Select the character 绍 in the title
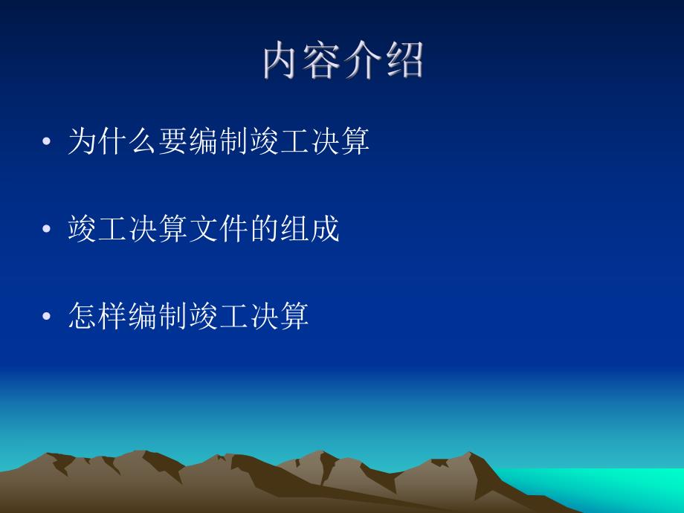(x=404, y=61)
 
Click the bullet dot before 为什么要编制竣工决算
(x=48, y=142)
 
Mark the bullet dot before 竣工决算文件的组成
(x=48, y=230)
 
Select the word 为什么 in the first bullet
(x=112, y=141)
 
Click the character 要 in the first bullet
(x=172, y=141)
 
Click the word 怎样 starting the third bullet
(x=97, y=317)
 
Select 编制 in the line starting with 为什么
(x=217, y=141)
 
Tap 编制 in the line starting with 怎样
(x=157, y=317)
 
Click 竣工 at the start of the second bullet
(x=97, y=229)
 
